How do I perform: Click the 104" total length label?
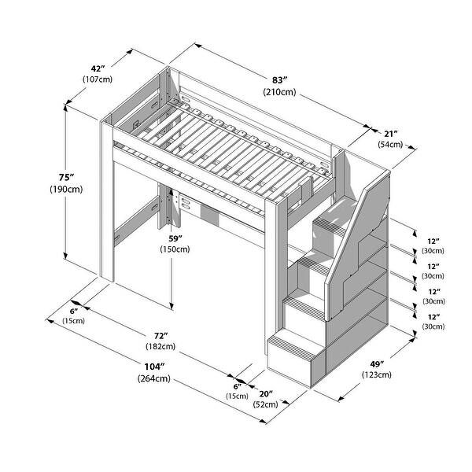pyautogui.click(x=154, y=367)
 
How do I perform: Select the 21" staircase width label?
pyautogui.click(x=390, y=133)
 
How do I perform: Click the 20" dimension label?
pyautogui.click(x=265, y=393)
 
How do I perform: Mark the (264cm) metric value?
pyautogui.click(x=154, y=378)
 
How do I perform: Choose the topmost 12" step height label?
pyautogui.click(x=431, y=240)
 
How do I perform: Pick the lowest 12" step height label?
pyautogui.click(x=431, y=316)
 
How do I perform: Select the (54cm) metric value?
pyautogui.click(x=390, y=145)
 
